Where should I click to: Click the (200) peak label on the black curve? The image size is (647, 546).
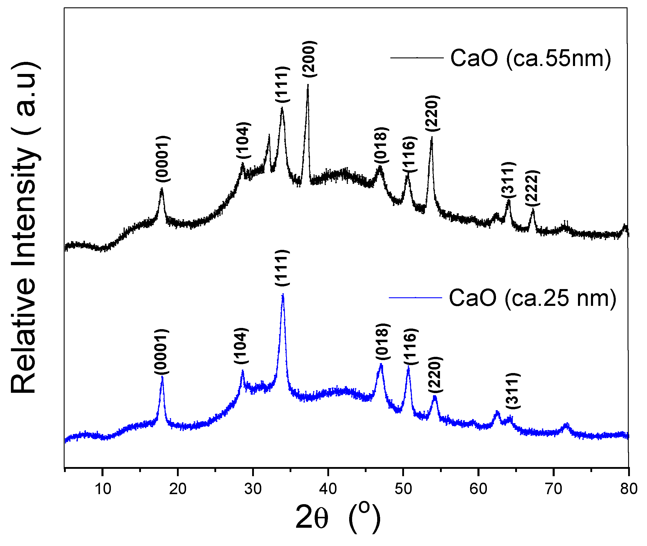pos(309,59)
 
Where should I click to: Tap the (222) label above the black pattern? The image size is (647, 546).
pos(532,188)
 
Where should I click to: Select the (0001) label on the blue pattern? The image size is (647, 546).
pos(162,352)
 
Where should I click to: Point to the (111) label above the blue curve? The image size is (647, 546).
pos(282,268)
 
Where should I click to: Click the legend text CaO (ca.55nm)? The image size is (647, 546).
pos(531,58)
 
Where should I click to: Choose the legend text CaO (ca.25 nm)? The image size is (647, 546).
pos(532,298)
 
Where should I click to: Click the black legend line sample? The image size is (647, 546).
pos(417,57)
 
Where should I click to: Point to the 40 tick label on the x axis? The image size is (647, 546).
pos(328,489)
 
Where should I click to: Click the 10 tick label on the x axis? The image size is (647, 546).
pos(103,489)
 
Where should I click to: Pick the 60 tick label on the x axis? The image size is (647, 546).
pos(478,489)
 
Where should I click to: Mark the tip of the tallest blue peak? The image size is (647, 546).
pos(283,295)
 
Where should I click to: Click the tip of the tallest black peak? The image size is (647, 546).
pos(308,85)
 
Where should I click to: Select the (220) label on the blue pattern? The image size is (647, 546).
pos(435,375)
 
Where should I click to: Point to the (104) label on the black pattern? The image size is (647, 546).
pos(244,141)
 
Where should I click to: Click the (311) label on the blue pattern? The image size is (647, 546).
pos(513,391)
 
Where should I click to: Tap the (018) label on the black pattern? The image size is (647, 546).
pos(381,145)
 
